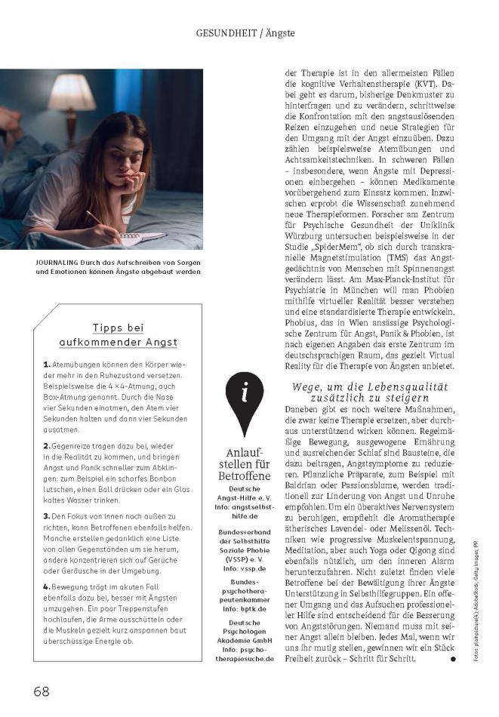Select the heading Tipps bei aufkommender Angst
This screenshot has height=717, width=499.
pyautogui.click(x=125, y=334)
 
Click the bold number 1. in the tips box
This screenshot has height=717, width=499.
pyautogui.click(x=46, y=365)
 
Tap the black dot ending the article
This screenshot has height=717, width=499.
pyautogui.click(x=453, y=659)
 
